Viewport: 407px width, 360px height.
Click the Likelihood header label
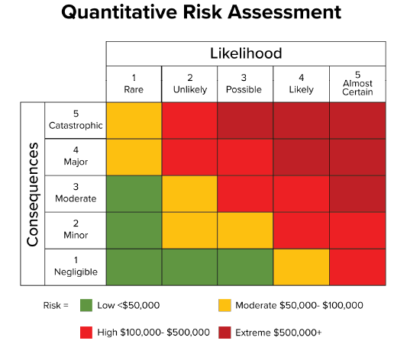tap(246, 53)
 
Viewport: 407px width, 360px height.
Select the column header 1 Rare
tap(134, 83)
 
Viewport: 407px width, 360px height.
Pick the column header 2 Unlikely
tap(189, 83)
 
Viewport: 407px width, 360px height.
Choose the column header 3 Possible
tap(245, 83)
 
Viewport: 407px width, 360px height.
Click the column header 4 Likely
tap(301, 83)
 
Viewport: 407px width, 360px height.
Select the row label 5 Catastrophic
tap(75, 120)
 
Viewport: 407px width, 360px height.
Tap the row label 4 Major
tap(75, 156)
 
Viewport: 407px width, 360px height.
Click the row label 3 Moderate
tap(75, 193)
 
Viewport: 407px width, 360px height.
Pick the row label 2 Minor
tap(75, 230)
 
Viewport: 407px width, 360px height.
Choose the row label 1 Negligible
tap(75, 266)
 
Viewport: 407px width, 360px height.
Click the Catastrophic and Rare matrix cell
tap(134, 120)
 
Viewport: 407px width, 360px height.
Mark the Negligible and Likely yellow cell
tap(301, 266)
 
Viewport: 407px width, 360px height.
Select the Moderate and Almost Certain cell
tap(357, 193)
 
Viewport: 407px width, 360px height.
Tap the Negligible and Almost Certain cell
tap(357, 266)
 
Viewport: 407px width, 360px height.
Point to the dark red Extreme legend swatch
tap(224, 333)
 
